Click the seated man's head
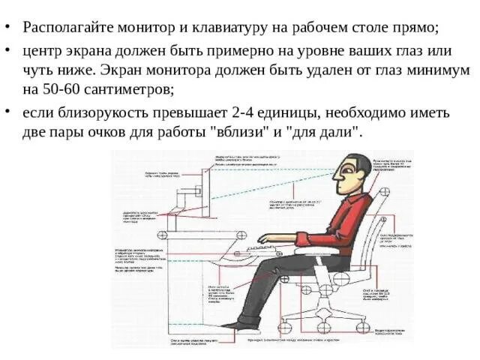(x=352, y=175)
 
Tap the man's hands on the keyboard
(x=263, y=238)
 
